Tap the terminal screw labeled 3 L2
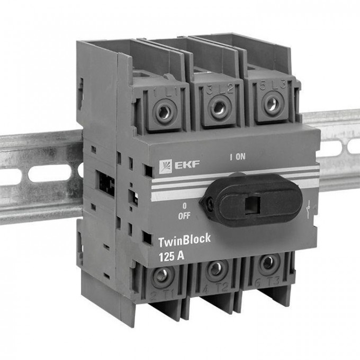tap(218, 109)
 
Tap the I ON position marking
tap(237, 157)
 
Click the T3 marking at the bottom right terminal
tap(275, 282)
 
